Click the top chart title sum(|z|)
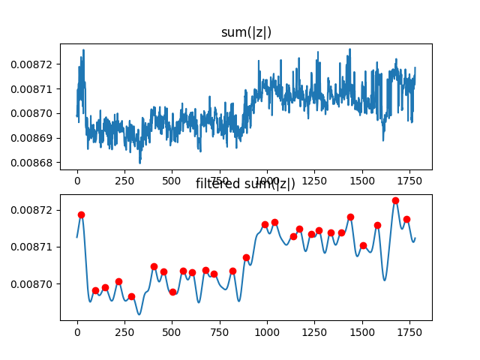coord(246,32)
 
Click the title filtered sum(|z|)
coord(246,184)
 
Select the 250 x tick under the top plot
coord(124,181)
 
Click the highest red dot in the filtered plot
coord(395,201)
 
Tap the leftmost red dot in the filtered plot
coord(81,215)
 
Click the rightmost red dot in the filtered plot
coord(406,220)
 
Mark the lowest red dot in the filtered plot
coord(131,296)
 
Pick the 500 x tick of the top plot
coord(172,181)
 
